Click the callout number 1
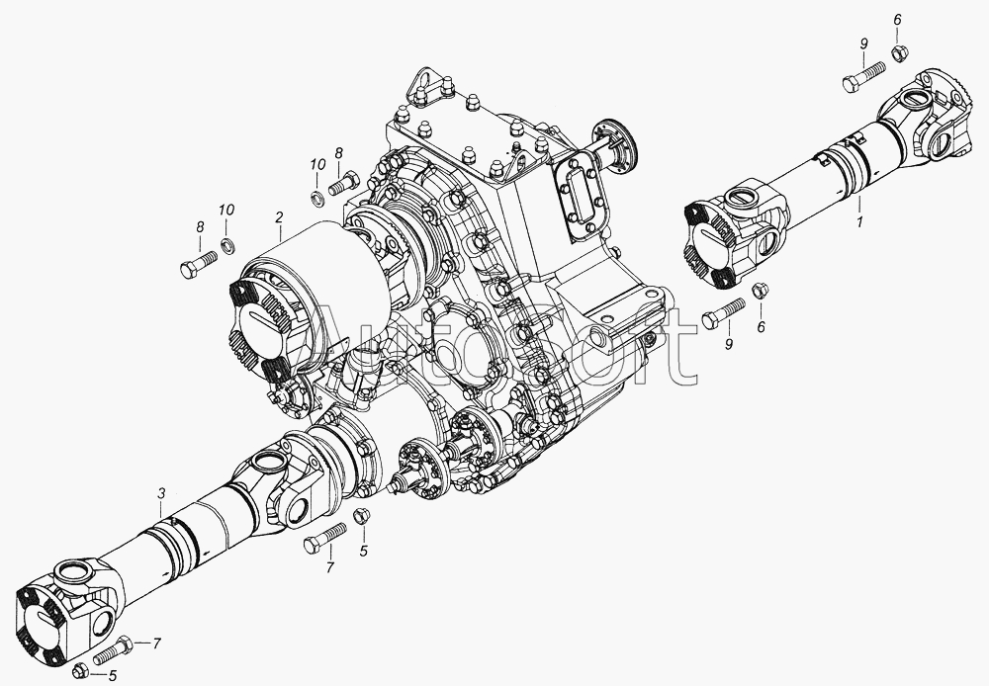(858, 222)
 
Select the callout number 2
(279, 217)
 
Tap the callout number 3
(161, 493)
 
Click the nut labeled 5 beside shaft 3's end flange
(80, 671)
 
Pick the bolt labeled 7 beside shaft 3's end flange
(114, 650)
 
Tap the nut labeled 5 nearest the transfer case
(361, 514)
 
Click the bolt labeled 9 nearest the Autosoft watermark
(723, 312)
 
